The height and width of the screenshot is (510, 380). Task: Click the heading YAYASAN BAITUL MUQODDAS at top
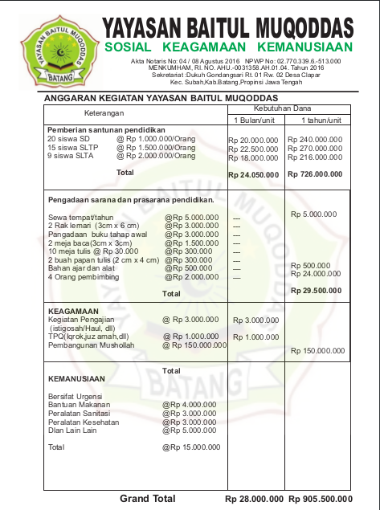228,28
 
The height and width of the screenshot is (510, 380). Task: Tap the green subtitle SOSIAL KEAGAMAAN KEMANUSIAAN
228,48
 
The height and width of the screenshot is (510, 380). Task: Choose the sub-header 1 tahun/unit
321,120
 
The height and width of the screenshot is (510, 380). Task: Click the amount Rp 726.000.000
315,173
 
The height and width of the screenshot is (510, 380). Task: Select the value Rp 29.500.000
317,290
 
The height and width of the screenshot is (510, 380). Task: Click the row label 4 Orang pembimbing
83,277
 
